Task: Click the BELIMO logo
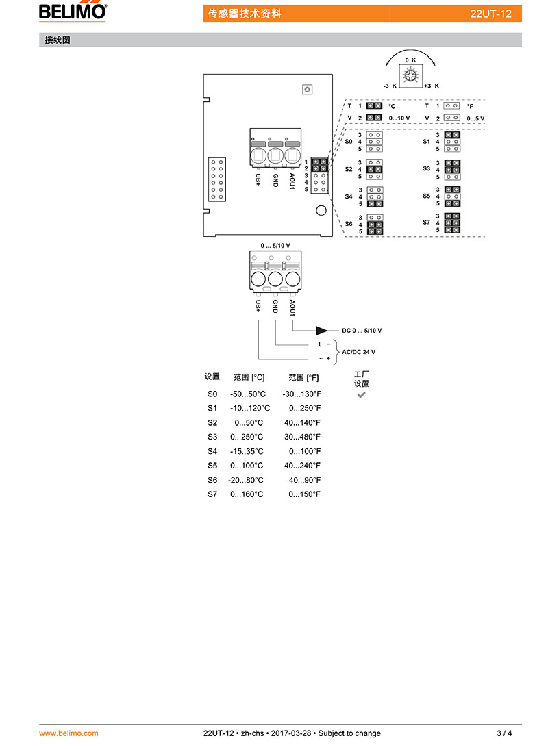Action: (73, 12)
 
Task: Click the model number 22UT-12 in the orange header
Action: (490, 14)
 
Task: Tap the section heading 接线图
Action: (58, 40)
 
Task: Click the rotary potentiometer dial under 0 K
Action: (410, 76)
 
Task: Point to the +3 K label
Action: (432, 86)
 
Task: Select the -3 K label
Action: (390, 86)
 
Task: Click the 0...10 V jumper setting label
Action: (399, 118)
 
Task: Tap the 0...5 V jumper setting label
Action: (475, 118)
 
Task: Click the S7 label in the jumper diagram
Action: (426, 222)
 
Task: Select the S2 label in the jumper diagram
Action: (349, 169)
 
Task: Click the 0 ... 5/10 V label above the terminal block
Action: (275, 246)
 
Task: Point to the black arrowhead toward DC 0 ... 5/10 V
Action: (322, 331)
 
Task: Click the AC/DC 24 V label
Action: (358, 352)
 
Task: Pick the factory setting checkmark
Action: (361, 395)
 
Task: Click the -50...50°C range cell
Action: (247, 394)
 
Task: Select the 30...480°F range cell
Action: (302, 437)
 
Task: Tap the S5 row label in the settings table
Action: (212, 466)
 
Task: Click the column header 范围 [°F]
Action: (303, 377)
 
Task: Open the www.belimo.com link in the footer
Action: (68, 733)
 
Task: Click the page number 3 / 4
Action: (504, 733)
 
